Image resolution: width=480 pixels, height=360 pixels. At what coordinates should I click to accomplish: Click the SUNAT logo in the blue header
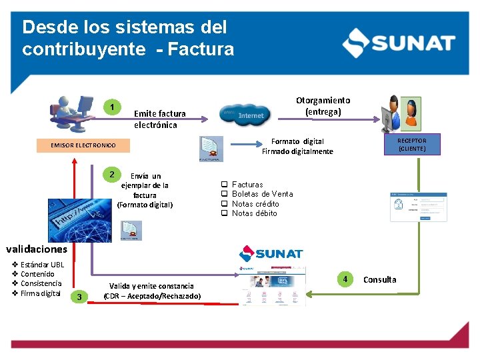coord(398,43)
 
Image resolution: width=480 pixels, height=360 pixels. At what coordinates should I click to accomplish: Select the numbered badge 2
coord(112,174)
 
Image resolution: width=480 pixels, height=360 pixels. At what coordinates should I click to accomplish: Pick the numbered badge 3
coord(79,297)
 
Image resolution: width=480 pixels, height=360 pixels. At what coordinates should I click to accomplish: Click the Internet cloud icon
coord(244,115)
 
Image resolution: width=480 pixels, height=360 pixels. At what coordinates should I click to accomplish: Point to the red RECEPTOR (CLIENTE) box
coord(411,145)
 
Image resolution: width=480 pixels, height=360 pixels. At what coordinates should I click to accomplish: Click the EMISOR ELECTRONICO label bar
coord(83,145)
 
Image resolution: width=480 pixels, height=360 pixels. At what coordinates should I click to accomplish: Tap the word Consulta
coord(379,280)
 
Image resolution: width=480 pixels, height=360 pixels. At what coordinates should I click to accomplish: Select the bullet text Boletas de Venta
coord(262,194)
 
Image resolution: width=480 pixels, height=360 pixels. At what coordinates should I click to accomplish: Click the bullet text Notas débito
coord(254,213)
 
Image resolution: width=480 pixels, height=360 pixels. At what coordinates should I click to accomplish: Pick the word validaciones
coord(37,249)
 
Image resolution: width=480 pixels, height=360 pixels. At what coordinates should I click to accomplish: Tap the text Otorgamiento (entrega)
coord(323,106)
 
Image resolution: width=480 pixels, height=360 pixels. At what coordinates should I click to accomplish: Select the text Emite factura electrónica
coord(160,119)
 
